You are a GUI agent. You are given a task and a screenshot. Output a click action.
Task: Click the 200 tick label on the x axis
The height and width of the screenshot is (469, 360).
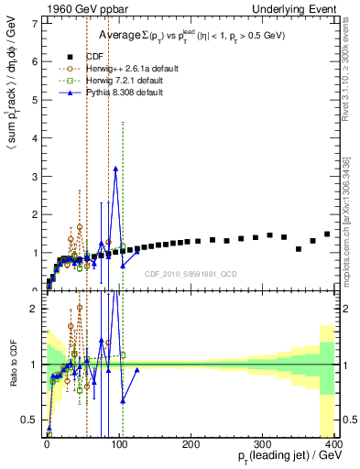(x=191, y=445)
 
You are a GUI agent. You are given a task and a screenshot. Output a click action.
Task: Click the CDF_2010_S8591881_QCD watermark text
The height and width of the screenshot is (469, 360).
(x=191, y=274)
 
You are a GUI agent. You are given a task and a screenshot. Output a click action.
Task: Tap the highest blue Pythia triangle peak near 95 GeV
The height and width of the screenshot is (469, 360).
(x=115, y=169)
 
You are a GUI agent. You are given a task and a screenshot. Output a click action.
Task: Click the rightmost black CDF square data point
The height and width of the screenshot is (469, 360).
(x=327, y=234)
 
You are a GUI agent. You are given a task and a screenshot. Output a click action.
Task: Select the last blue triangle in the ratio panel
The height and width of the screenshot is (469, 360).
(x=136, y=370)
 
